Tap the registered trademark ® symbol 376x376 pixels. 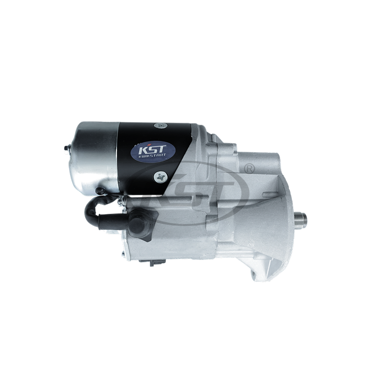tap(249, 169)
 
